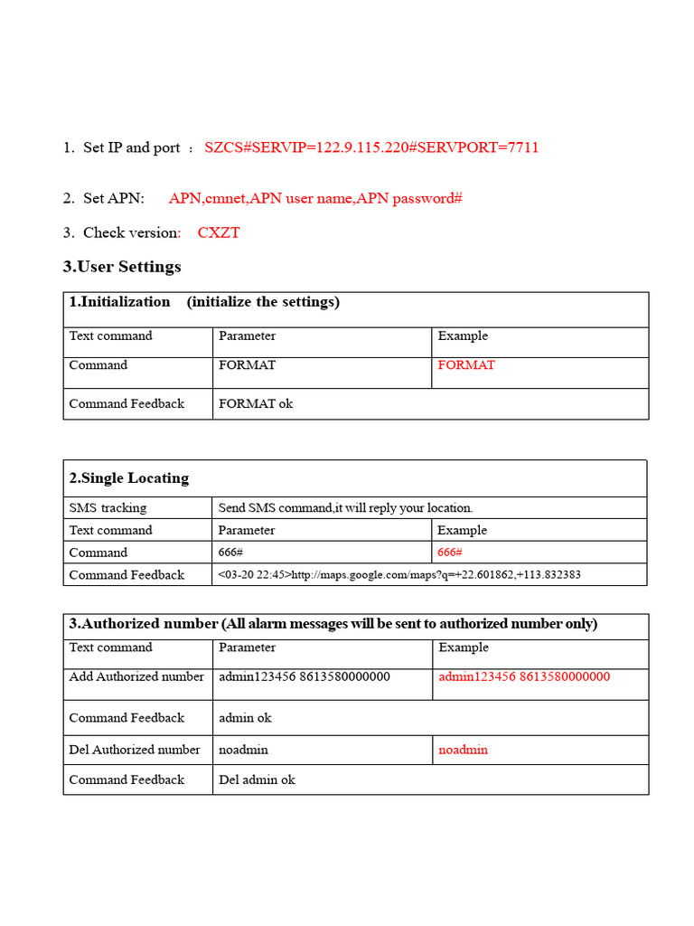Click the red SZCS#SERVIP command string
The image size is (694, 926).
pyautogui.click(x=371, y=147)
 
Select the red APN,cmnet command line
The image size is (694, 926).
pyautogui.click(x=315, y=198)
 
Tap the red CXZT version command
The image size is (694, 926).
pyautogui.click(x=219, y=232)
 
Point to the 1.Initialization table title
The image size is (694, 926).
pyautogui.click(x=204, y=302)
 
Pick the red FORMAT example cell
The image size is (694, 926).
pyautogui.click(x=466, y=365)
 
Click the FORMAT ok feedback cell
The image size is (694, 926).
pyautogui.click(x=256, y=403)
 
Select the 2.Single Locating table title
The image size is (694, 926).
pyautogui.click(x=129, y=477)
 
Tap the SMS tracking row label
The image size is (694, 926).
pyautogui.click(x=108, y=507)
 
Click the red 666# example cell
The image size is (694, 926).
pyautogui.click(x=450, y=553)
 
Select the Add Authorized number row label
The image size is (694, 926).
pyautogui.click(x=136, y=676)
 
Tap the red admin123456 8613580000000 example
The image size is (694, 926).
pyautogui.click(x=524, y=676)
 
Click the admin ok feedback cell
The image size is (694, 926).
pyautogui.click(x=245, y=718)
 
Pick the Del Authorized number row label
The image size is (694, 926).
pyautogui.click(x=135, y=750)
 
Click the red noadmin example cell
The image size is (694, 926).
pyautogui.click(x=463, y=750)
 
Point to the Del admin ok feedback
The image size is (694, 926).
pyautogui.click(x=257, y=780)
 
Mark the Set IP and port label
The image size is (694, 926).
pyautogui.click(x=131, y=147)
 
